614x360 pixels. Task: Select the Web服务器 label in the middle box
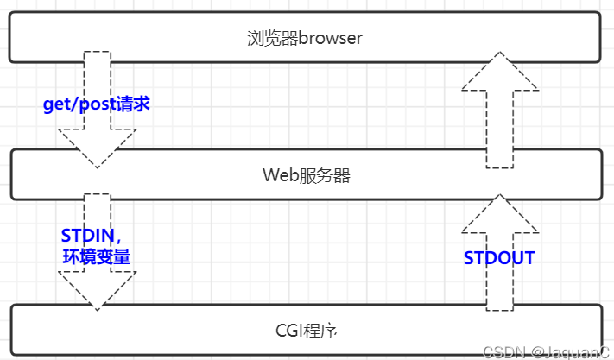point(307,175)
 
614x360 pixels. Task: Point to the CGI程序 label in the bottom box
point(306,330)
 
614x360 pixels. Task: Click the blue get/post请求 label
point(97,104)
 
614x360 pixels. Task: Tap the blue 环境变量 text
point(96,256)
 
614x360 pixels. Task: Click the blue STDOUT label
point(499,257)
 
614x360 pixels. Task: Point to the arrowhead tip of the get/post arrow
point(97,166)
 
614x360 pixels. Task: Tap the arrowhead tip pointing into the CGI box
point(97,308)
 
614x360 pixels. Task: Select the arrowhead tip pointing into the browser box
point(500,53)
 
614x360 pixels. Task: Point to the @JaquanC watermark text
point(570,351)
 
